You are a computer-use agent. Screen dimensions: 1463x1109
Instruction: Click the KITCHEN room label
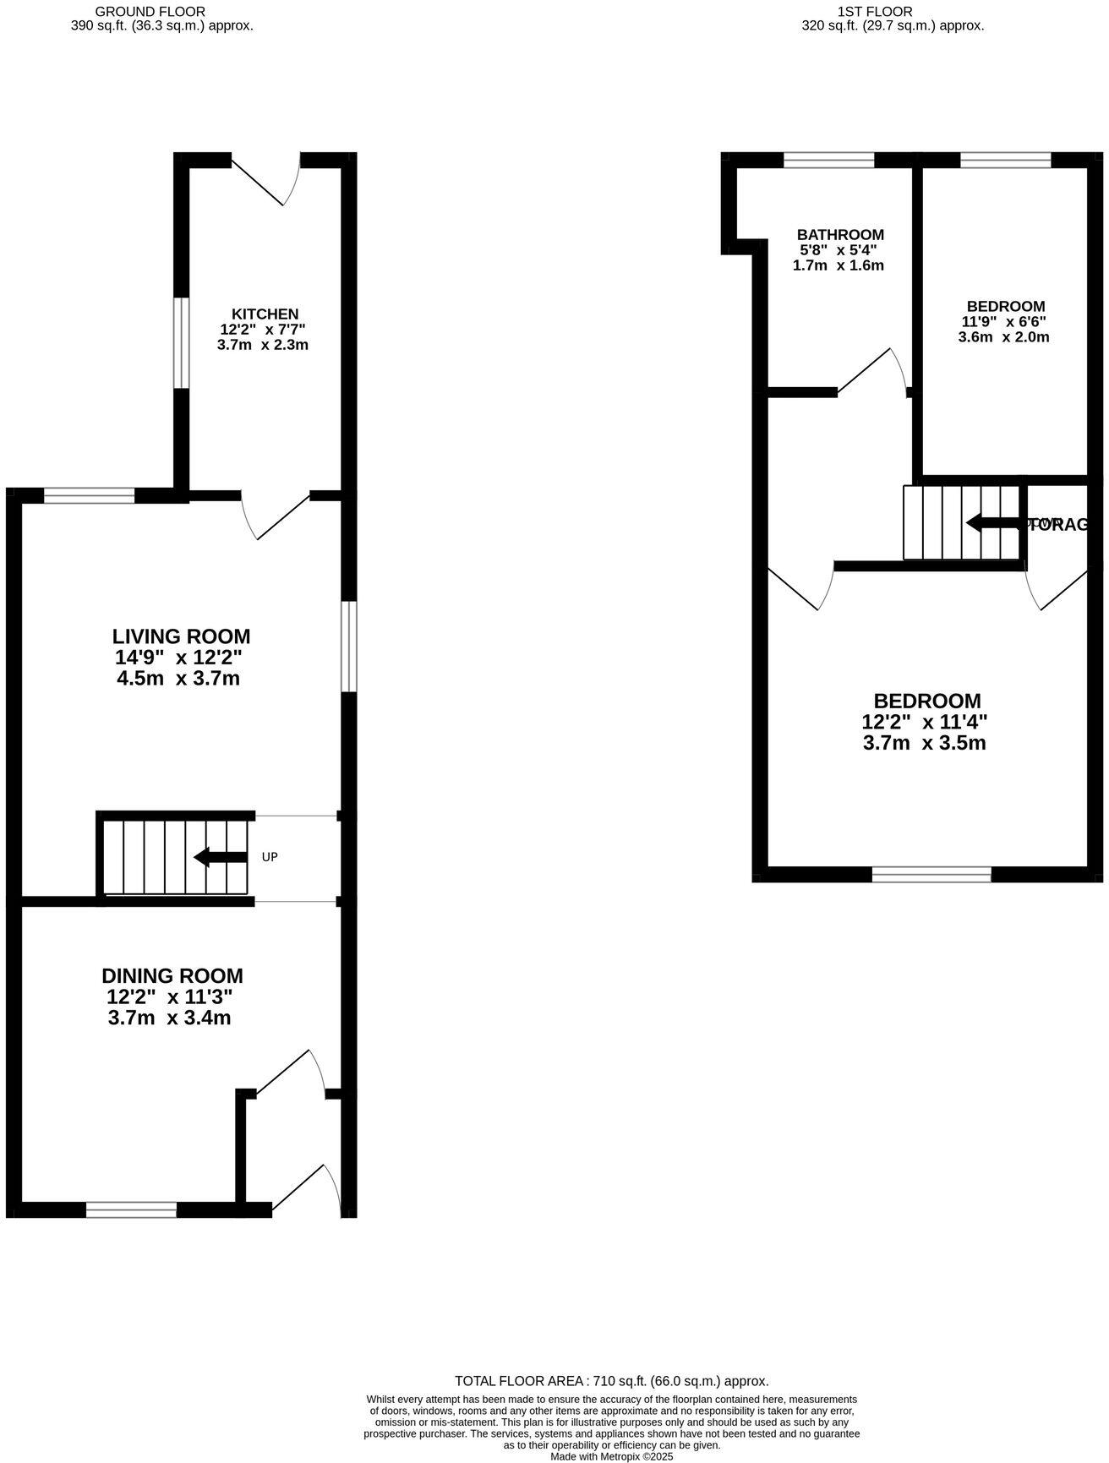click(x=265, y=314)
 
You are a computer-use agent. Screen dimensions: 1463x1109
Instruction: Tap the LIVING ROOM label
click(x=181, y=636)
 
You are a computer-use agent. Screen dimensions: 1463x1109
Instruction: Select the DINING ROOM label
click(x=172, y=976)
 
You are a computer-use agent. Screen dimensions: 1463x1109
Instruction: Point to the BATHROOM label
click(x=840, y=235)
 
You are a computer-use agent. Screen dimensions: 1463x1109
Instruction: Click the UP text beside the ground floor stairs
click(x=270, y=857)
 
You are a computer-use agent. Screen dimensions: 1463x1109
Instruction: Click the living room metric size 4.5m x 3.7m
click(x=178, y=679)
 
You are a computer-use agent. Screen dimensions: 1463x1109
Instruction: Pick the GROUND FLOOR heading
click(x=138, y=12)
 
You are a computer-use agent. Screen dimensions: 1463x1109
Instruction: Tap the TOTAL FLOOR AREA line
click(x=611, y=1381)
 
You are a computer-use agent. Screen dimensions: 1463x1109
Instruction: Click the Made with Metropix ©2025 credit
click(x=611, y=1456)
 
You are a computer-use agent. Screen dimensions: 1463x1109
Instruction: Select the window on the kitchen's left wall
click(x=181, y=342)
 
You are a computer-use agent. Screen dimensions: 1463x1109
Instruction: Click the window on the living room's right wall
click(x=348, y=647)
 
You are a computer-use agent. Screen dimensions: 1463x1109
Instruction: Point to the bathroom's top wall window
click(x=828, y=160)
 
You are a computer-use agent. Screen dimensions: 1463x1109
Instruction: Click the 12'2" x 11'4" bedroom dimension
click(x=924, y=723)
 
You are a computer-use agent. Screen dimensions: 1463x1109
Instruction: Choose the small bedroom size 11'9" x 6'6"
click(x=1004, y=322)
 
